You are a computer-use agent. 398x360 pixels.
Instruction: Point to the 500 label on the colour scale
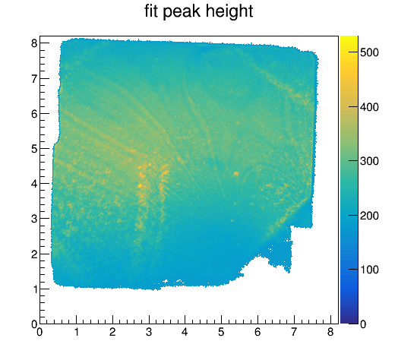[369, 52]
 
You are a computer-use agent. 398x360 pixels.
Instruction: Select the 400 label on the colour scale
[369, 107]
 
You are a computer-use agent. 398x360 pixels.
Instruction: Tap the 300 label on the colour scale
[369, 161]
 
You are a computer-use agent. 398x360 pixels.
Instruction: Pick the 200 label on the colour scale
[369, 216]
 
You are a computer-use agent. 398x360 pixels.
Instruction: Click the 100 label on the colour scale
[369, 270]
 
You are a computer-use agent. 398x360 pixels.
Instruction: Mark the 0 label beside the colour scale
[363, 324]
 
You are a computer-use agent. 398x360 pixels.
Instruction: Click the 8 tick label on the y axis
[34, 43]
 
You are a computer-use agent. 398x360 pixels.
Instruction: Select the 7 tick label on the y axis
[34, 78]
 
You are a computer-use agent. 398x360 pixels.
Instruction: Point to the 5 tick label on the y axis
[34, 149]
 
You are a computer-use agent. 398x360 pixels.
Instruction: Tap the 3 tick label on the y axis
[34, 219]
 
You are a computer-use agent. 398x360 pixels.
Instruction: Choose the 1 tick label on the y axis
[34, 289]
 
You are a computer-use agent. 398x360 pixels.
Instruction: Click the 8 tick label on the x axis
[330, 332]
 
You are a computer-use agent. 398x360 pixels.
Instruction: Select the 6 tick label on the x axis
[257, 332]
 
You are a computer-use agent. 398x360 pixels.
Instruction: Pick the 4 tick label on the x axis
[185, 332]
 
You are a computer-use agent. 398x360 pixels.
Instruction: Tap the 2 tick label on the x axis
[112, 332]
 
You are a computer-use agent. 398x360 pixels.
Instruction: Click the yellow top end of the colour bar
[349, 37]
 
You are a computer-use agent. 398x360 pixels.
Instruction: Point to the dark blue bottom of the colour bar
[349, 322]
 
